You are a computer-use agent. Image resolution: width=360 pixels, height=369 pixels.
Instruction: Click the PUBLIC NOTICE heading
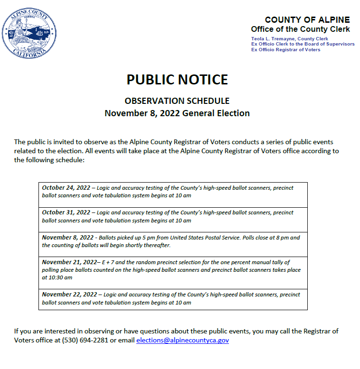177,80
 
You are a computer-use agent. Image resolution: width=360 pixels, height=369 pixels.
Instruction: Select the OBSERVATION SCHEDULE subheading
177,101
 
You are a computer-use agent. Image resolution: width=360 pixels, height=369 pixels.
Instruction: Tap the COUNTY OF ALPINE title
307,20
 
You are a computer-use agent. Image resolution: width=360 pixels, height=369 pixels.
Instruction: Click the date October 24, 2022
66,188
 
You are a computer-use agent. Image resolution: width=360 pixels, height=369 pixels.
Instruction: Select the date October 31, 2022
66,212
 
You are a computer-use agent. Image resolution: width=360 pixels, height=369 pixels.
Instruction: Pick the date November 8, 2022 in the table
67,238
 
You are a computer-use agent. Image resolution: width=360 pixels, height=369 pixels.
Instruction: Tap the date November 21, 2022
68,262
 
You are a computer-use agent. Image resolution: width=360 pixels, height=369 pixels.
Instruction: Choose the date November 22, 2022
69,295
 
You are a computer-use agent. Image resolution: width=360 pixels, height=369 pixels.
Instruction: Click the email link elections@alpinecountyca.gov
182,341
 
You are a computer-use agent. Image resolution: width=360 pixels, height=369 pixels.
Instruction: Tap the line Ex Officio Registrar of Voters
285,50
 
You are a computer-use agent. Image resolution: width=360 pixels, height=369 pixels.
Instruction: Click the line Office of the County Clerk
300,29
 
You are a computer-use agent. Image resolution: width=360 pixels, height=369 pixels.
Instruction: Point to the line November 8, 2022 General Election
177,113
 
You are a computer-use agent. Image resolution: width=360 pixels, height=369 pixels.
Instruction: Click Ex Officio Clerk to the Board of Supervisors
303,44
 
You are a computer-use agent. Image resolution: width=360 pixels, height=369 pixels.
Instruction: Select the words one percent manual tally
256,262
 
